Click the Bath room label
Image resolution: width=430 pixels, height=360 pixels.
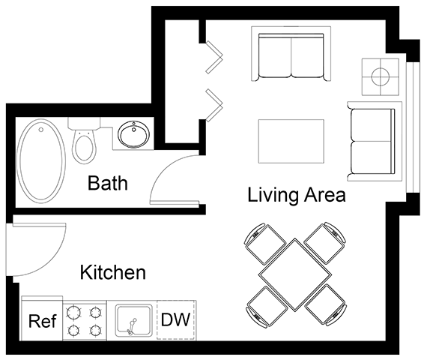[x=108, y=182]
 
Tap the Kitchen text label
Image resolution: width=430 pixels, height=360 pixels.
[x=112, y=272]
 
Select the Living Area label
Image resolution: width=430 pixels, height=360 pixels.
[x=296, y=196]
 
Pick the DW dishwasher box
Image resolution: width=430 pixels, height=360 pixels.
[x=177, y=321]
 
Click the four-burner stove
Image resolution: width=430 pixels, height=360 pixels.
[x=84, y=321]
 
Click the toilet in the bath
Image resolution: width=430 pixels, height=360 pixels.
[x=83, y=142]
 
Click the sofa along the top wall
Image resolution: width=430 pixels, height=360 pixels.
[x=291, y=56]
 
